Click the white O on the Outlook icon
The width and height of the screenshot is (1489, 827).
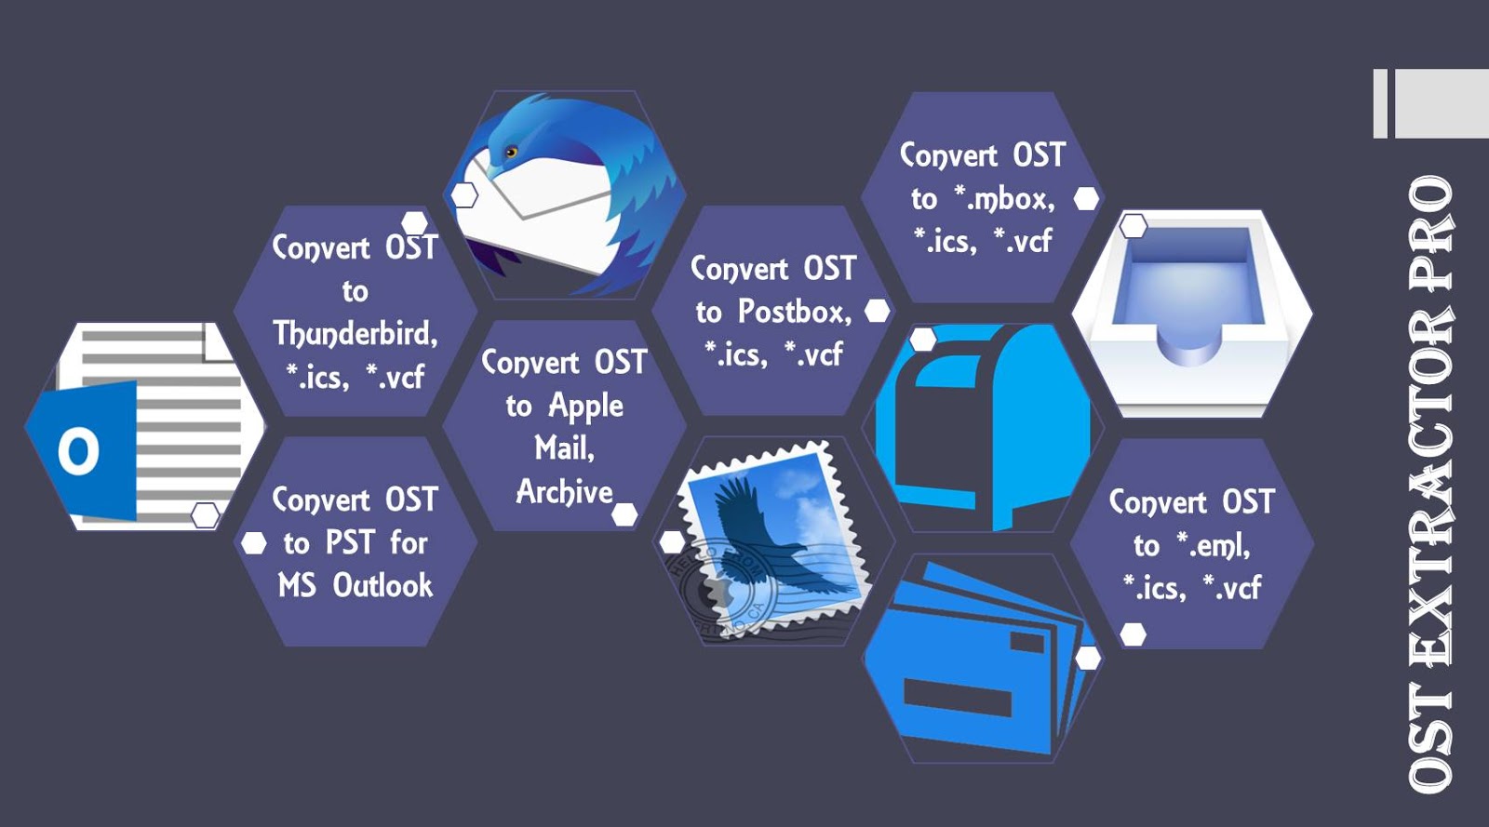point(78,451)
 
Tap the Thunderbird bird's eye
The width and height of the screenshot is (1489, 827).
point(510,152)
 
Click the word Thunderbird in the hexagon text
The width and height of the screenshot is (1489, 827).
point(354,333)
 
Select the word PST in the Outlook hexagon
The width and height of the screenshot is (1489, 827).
point(350,542)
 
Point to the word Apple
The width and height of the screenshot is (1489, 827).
point(585,406)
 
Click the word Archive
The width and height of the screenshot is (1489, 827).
point(564,491)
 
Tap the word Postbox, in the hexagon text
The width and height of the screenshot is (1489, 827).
point(794,312)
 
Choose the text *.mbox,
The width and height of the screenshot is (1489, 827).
point(1005,198)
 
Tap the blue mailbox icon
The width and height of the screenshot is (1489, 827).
point(982,428)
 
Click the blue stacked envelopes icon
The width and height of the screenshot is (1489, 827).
point(977,660)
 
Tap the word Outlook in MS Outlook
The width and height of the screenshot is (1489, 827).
point(382,585)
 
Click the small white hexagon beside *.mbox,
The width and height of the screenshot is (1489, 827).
point(1086,198)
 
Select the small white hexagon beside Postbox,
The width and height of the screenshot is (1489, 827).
point(877,311)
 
